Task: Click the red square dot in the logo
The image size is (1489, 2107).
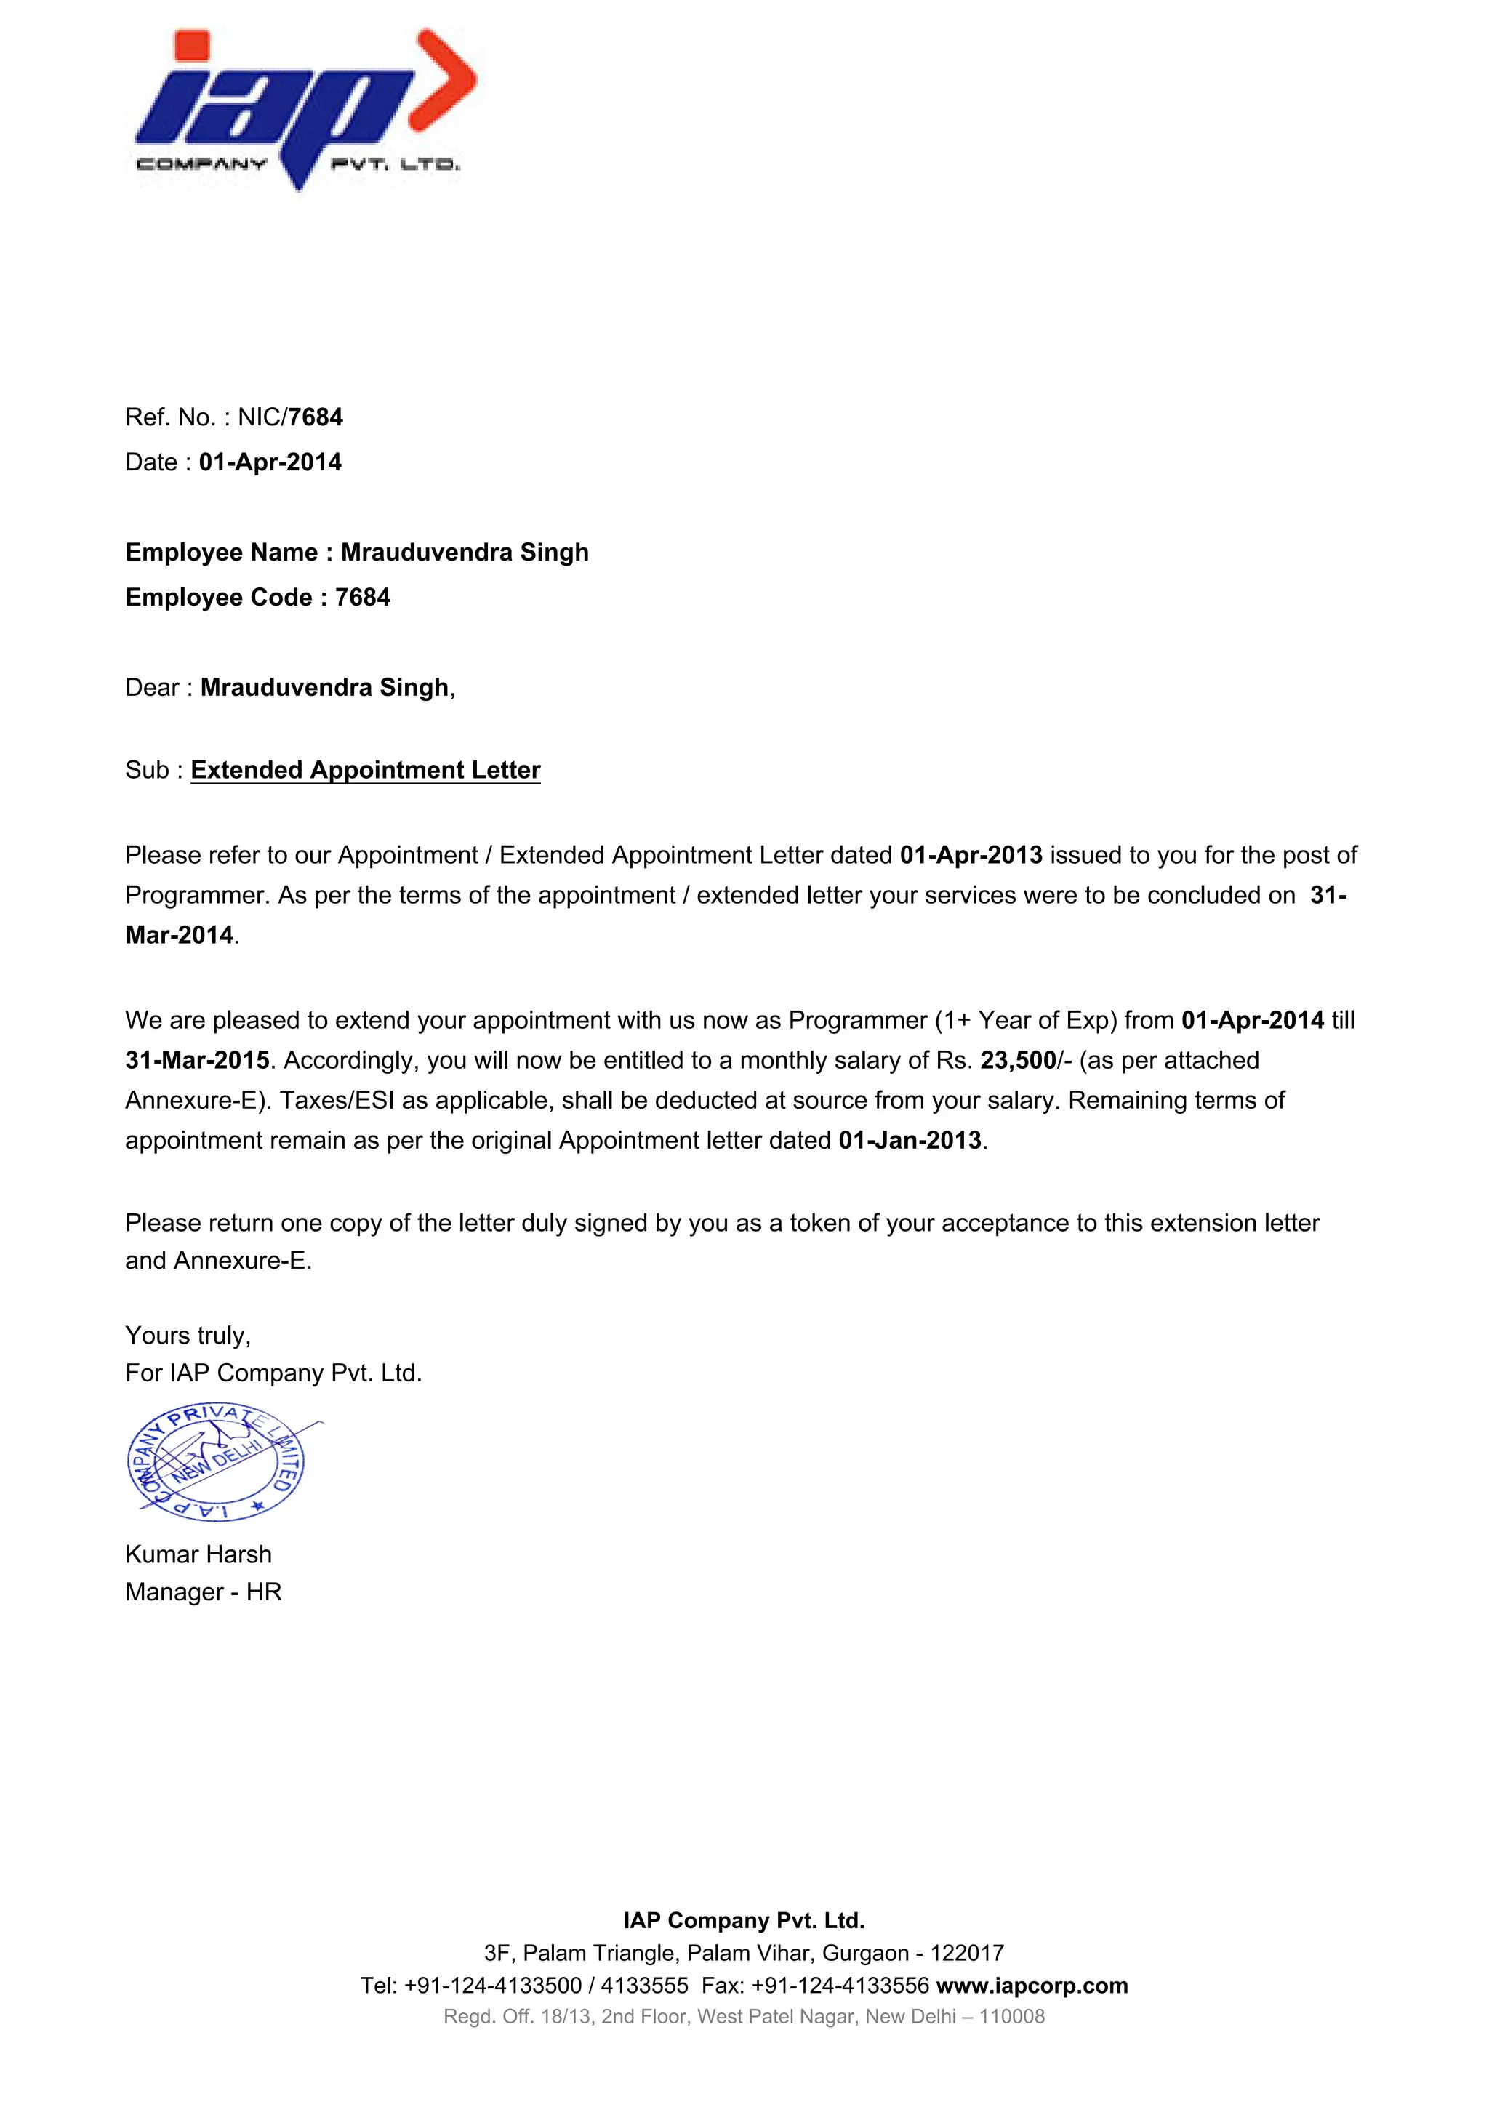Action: pos(192,45)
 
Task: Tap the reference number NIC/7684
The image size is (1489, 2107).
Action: pos(290,417)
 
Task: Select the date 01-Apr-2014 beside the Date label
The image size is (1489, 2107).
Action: pos(270,462)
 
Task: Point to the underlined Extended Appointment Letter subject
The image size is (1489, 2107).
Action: pos(365,770)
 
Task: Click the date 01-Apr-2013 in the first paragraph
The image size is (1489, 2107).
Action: pos(971,855)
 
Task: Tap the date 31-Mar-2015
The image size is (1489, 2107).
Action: pos(197,1061)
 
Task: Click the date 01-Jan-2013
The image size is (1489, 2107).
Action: pos(910,1141)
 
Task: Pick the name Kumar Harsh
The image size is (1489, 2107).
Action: pos(198,1554)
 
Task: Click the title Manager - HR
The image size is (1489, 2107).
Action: pos(203,1592)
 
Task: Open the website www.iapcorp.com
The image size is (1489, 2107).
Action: pos(1032,1986)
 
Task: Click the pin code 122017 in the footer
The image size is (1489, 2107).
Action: pos(967,1953)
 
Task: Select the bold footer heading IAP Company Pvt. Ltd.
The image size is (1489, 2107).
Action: pos(744,1921)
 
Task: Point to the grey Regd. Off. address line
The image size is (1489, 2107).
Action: pos(744,2017)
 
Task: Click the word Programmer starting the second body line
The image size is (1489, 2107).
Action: pos(195,896)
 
